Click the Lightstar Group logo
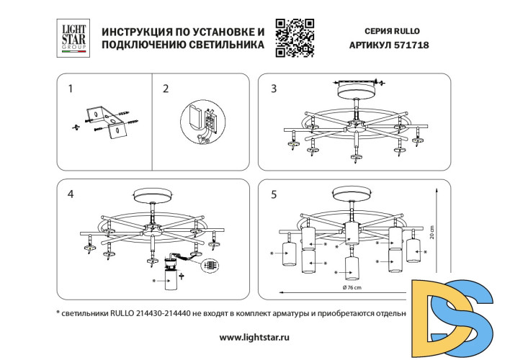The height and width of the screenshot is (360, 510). (x=72, y=37)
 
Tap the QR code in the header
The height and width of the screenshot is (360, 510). (x=295, y=37)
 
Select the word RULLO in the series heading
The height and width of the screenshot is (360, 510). (x=406, y=31)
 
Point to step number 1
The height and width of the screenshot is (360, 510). (x=70, y=89)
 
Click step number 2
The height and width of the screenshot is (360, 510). (x=166, y=89)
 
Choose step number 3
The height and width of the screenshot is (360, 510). (x=273, y=89)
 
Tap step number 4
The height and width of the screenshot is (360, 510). (x=70, y=194)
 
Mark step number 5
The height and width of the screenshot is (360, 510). (x=273, y=194)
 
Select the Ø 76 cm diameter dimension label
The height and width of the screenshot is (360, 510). (x=352, y=288)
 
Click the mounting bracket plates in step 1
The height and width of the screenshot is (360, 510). (x=103, y=120)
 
